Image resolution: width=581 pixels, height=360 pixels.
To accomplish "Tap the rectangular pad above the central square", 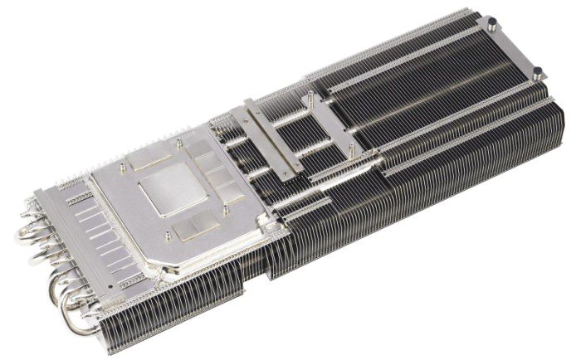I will (153, 163).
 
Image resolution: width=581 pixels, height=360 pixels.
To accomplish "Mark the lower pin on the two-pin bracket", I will (353, 148).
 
